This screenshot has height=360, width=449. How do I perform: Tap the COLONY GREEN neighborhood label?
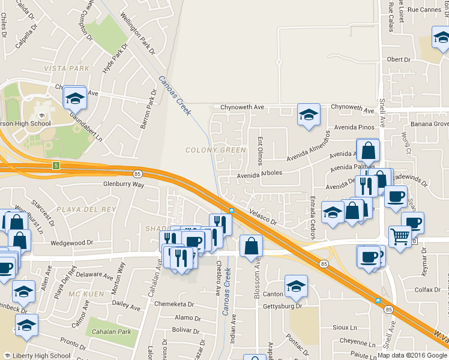click(215, 150)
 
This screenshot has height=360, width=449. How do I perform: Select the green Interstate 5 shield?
click(56, 165)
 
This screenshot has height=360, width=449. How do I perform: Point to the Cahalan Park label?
click(108, 332)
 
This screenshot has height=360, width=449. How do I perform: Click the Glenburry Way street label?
click(124, 185)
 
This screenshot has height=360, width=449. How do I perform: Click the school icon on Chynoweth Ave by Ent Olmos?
click(308, 115)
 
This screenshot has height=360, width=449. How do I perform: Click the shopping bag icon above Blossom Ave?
click(250, 245)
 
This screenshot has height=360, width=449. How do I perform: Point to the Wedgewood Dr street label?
click(71, 243)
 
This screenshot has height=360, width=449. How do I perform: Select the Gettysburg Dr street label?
click(282, 306)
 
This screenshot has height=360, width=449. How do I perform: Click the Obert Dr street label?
click(399, 60)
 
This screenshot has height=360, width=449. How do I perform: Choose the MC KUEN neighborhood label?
click(82, 293)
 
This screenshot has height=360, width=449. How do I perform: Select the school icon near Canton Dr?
click(296, 287)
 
